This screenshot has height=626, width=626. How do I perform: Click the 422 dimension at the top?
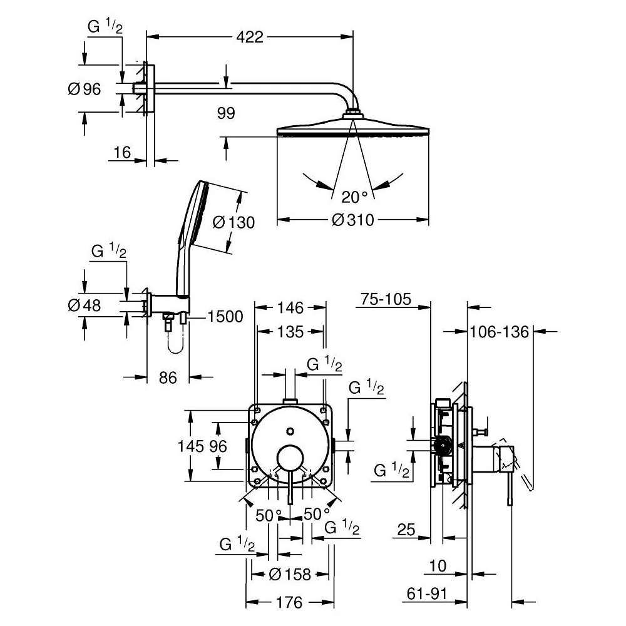250,37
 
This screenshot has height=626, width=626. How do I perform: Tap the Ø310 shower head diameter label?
353,220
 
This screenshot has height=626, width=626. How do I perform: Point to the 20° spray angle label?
354,197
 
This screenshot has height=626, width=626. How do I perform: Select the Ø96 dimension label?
85,89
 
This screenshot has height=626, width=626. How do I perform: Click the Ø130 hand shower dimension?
233,222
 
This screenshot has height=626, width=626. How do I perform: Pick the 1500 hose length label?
225,317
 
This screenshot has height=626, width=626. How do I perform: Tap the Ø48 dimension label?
85,305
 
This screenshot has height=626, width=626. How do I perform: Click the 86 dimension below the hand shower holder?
168,377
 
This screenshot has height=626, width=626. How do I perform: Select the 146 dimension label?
290,308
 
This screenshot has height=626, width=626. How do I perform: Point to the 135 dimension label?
290,332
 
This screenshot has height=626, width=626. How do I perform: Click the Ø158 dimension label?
290,575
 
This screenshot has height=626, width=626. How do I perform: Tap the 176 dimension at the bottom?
289,602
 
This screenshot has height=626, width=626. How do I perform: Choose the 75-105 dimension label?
386,299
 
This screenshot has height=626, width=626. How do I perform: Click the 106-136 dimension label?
499,332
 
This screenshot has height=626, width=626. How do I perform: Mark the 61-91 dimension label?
427,593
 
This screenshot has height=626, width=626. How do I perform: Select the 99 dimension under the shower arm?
226,113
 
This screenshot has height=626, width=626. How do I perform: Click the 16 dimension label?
122,152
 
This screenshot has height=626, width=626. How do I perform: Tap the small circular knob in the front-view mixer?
290,431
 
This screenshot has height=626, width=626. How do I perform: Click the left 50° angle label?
269,515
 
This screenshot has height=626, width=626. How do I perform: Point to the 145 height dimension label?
190,446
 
